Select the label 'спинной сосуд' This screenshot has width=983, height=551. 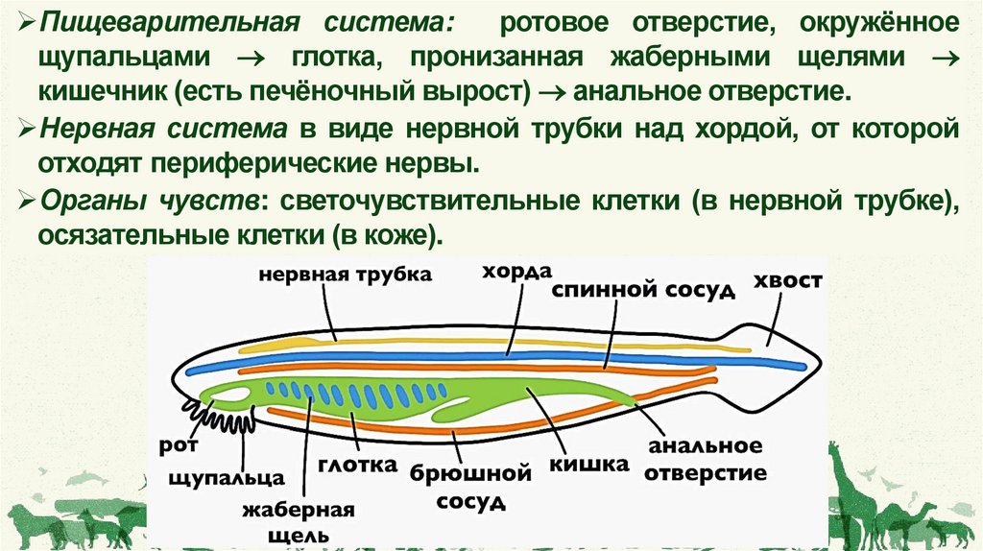pos(643,289)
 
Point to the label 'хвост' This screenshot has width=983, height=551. pos(788,279)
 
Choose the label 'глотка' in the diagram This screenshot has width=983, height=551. pos(366,465)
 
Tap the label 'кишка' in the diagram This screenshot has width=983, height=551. pos(588,464)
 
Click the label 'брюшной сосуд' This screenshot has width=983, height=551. pos(470,487)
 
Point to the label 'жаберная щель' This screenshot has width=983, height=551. pos(286,519)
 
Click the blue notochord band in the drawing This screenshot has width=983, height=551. pos(480,356)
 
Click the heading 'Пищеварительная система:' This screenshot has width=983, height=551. pos(154,20)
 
